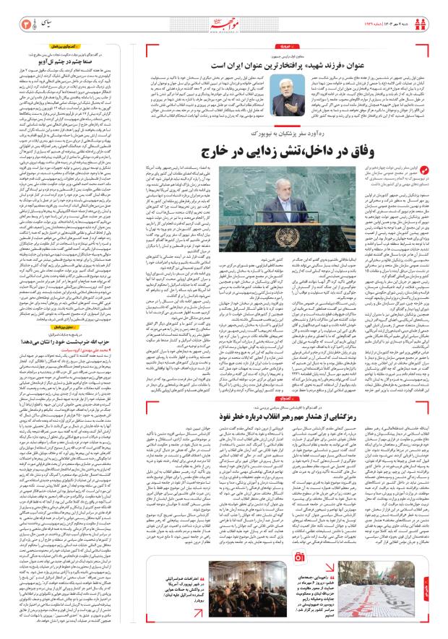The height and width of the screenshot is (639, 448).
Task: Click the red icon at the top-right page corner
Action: pos(434,12)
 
